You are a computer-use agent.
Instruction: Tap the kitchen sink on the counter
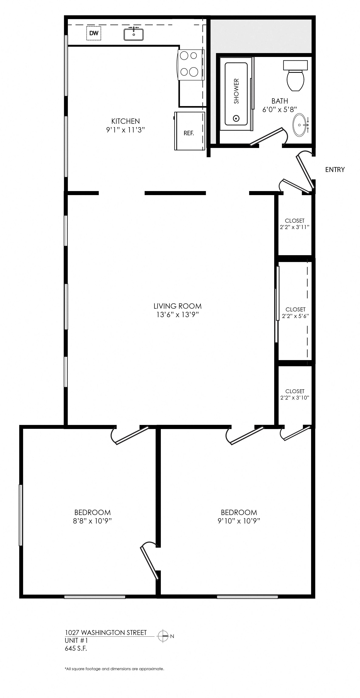tap(134, 34)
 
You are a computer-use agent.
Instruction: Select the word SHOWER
tap(236, 91)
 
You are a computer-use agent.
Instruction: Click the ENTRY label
tap(335, 170)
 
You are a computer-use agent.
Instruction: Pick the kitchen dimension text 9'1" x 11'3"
tap(126, 130)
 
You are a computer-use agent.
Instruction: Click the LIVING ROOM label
tap(178, 306)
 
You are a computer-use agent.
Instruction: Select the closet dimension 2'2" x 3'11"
tap(294, 227)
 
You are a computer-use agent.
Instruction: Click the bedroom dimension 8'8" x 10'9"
tap(92, 521)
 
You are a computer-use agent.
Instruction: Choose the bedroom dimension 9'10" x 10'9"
tap(239, 521)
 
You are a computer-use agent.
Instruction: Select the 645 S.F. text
tap(76, 648)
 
